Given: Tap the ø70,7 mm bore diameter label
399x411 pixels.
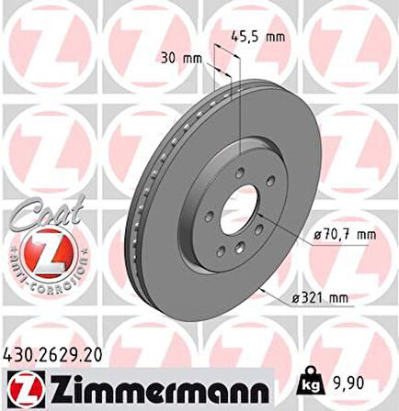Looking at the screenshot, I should pos(345,235).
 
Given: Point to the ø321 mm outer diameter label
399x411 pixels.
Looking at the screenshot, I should pos(325,298).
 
